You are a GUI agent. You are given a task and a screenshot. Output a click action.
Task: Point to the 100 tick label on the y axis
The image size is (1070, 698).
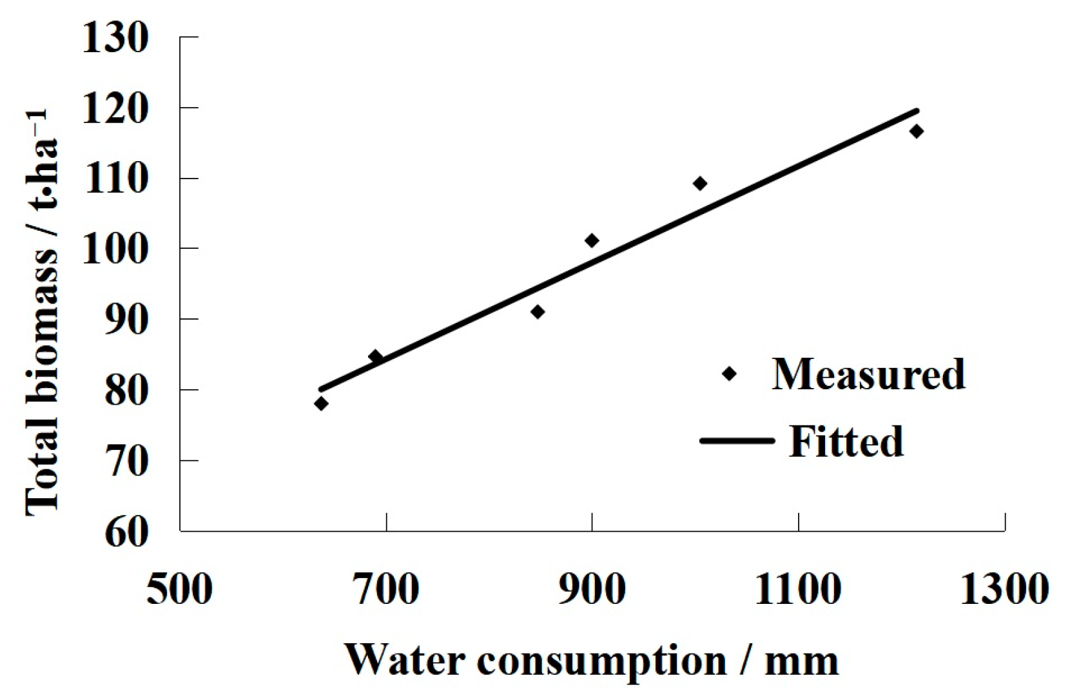point(115,249)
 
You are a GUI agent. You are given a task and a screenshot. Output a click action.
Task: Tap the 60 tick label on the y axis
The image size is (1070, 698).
point(126,532)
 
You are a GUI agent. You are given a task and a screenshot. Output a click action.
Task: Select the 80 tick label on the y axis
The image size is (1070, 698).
point(126,391)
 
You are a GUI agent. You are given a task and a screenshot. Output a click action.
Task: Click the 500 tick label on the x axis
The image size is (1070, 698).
point(179,589)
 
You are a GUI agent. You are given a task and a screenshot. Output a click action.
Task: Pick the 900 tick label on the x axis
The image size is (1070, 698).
point(592,589)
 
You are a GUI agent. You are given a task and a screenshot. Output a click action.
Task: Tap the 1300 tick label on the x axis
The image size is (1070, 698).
point(1004,589)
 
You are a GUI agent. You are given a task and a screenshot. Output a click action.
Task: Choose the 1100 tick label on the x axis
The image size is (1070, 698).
point(798,589)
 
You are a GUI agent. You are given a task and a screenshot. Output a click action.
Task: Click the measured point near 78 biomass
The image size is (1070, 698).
point(321,404)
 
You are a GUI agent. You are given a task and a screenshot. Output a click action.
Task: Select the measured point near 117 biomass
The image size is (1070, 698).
point(917,131)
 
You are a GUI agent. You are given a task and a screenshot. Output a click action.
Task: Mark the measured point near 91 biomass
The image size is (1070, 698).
point(538,312)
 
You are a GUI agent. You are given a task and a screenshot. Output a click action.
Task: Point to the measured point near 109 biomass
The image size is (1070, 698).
point(700,184)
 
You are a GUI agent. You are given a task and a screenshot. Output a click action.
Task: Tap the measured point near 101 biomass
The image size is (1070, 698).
point(592,240)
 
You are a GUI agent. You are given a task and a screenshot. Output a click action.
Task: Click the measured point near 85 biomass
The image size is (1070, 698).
point(375,356)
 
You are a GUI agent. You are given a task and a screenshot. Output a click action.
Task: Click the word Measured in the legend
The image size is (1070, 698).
point(868,374)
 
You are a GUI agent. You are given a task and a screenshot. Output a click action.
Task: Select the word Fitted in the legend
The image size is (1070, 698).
point(846,442)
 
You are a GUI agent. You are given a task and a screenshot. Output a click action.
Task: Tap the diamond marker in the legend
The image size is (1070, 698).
point(729,374)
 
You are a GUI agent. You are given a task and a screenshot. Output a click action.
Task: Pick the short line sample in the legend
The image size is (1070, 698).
point(737,441)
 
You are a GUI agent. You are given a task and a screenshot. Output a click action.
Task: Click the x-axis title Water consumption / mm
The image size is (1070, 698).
point(592,661)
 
